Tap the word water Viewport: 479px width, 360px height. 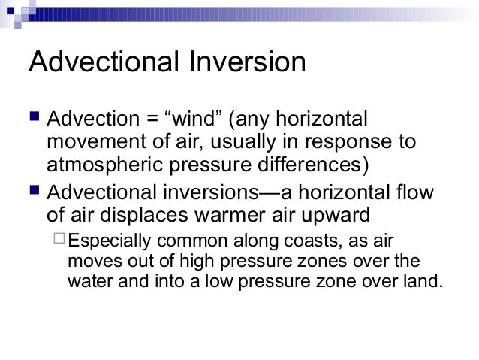(88, 283)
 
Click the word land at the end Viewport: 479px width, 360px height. (426, 283)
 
